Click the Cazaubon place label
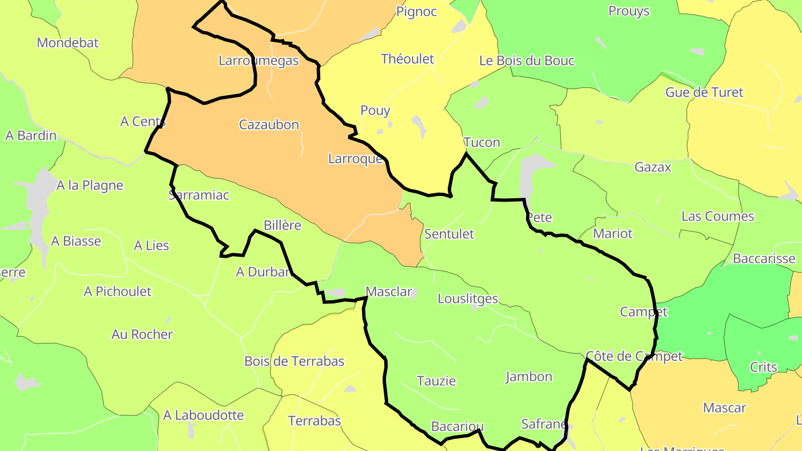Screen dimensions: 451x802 pyautogui.click(x=269, y=125)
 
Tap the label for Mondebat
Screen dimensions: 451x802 pyautogui.click(x=67, y=43)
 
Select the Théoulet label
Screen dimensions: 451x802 pyautogui.click(x=407, y=59)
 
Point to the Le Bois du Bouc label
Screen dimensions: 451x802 pyautogui.click(x=526, y=61)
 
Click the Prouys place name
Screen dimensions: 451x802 pyautogui.click(x=629, y=11)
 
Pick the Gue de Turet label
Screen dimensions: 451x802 pyautogui.click(x=704, y=92)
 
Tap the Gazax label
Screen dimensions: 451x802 pyautogui.click(x=653, y=167)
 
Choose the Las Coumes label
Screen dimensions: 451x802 pyautogui.click(x=717, y=216)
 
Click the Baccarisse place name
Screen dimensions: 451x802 pyautogui.click(x=764, y=258)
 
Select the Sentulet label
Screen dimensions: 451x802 pyautogui.click(x=449, y=234)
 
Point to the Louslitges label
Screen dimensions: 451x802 pyautogui.click(x=467, y=298)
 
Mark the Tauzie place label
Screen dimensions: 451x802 pyautogui.click(x=436, y=381)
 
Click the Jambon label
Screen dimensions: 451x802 pyautogui.click(x=529, y=377)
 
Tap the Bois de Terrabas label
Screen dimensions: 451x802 pyautogui.click(x=294, y=361)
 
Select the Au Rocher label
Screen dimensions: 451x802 pyautogui.click(x=142, y=335)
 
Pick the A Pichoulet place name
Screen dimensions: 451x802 pyautogui.click(x=118, y=291)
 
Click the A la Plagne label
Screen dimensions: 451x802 pyautogui.click(x=90, y=185)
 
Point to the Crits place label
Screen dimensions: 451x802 pyautogui.click(x=763, y=367)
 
